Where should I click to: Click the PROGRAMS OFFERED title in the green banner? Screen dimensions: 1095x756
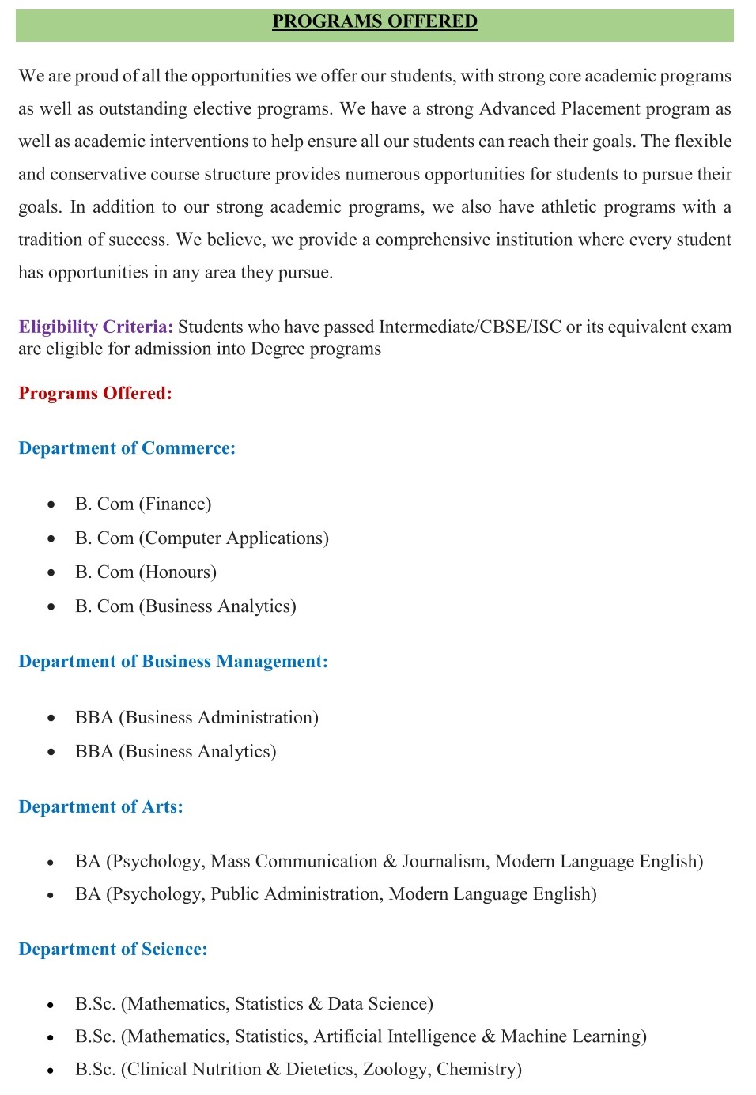coord(375,21)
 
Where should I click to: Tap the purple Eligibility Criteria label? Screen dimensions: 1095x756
coord(96,327)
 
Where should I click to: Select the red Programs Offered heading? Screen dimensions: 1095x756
coord(95,394)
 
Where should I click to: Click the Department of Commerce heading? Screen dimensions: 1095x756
coord(127,448)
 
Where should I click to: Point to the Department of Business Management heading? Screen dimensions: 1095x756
coord(172,662)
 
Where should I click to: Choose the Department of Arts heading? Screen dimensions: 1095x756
coord(100,807)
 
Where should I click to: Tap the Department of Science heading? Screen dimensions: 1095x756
coord(112,950)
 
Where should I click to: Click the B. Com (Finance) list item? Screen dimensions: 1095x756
coord(143,504)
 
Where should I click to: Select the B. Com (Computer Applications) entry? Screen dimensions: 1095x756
coord(202,538)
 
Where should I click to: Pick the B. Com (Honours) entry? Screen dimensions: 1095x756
coord(146,572)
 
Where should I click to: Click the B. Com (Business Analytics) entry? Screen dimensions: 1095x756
coord(186,606)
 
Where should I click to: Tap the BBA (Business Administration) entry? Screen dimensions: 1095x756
coord(197,718)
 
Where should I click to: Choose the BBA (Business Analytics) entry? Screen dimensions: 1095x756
coord(176,752)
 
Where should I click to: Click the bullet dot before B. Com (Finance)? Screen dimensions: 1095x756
coord(51,504)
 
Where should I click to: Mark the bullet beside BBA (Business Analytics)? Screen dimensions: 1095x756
coord(51,752)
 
